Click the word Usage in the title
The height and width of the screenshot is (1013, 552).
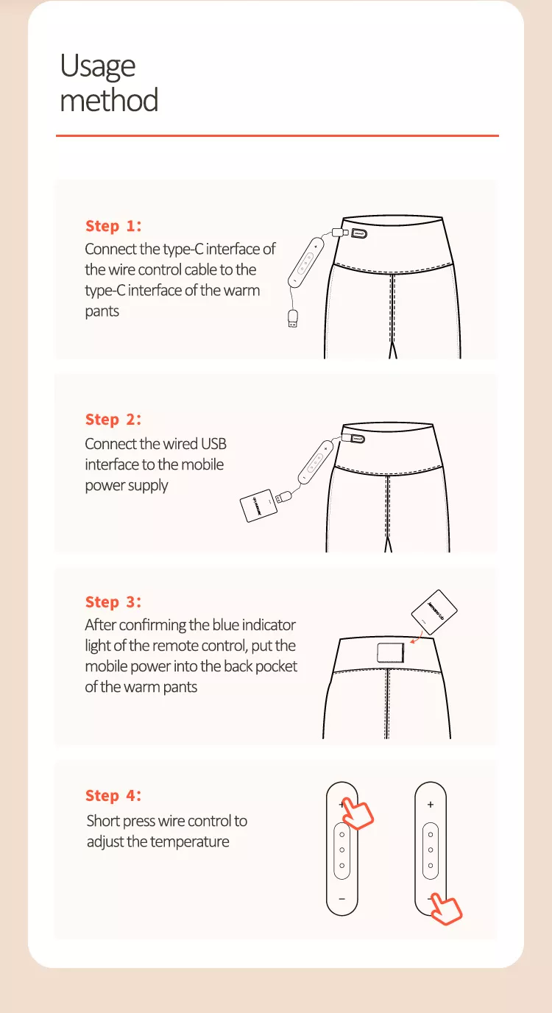click(x=98, y=66)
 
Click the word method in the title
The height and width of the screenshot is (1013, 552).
click(x=109, y=100)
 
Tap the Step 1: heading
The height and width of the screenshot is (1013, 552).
click(x=113, y=226)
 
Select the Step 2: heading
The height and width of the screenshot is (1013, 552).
click(x=113, y=420)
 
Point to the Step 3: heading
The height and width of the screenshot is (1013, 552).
click(x=113, y=602)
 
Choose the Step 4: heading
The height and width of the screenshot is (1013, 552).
click(x=113, y=796)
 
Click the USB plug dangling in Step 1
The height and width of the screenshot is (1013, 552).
click(x=293, y=318)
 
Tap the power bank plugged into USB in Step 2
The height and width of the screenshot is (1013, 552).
click(x=258, y=506)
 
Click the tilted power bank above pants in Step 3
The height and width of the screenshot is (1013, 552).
click(x=434, y=612)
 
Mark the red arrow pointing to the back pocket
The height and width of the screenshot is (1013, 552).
click(x=416, y=638)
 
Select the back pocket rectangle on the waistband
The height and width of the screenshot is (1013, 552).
click(x=391, y=652)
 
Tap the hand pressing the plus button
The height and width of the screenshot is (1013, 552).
click(x=357, y=813)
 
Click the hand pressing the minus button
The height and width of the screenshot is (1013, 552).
click(x=445, y=908)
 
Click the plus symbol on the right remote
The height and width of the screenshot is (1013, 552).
click(x=431, y=805)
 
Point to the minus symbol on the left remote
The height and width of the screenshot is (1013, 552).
click(x=342, y=899)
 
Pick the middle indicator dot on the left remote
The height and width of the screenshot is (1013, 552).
click(x=342, y=850)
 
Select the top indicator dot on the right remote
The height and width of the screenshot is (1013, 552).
click(x=431, y=835)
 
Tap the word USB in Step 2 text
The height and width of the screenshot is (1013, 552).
click(x=213, y=444)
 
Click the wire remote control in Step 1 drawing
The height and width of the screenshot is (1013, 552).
click(x=306, y=262)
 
